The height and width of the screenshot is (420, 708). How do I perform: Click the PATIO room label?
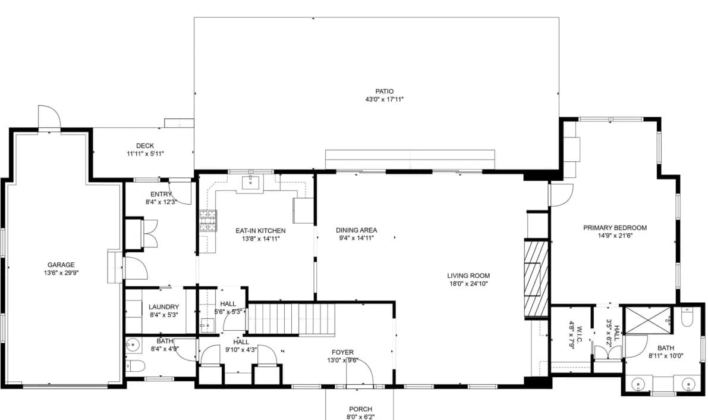tap(384, 92)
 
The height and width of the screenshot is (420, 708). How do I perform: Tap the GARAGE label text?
tap(61, 265)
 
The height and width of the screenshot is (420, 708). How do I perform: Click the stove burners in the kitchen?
tap(208, 221)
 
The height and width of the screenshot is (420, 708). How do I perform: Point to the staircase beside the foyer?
tap(292, 319)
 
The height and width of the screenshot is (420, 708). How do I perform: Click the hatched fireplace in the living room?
tap(536, 278)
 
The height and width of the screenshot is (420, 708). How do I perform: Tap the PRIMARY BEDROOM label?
tap(615, 228)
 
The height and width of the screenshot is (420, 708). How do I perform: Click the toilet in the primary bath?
tap(687, 317)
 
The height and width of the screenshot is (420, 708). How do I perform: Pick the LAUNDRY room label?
tap(163, 307)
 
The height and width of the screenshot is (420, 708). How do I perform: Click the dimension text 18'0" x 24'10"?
tap(468, 284)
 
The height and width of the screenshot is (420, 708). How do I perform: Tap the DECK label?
tap(145, 146)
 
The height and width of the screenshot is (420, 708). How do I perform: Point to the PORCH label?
tap(360, 409)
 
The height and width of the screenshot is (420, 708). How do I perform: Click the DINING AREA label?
tap(356, 230)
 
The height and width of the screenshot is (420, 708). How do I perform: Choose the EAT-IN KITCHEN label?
tap(260, 231)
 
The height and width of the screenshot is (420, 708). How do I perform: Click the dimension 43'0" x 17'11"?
tap(384, 99)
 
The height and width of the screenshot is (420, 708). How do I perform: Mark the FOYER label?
tap(343, 352)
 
